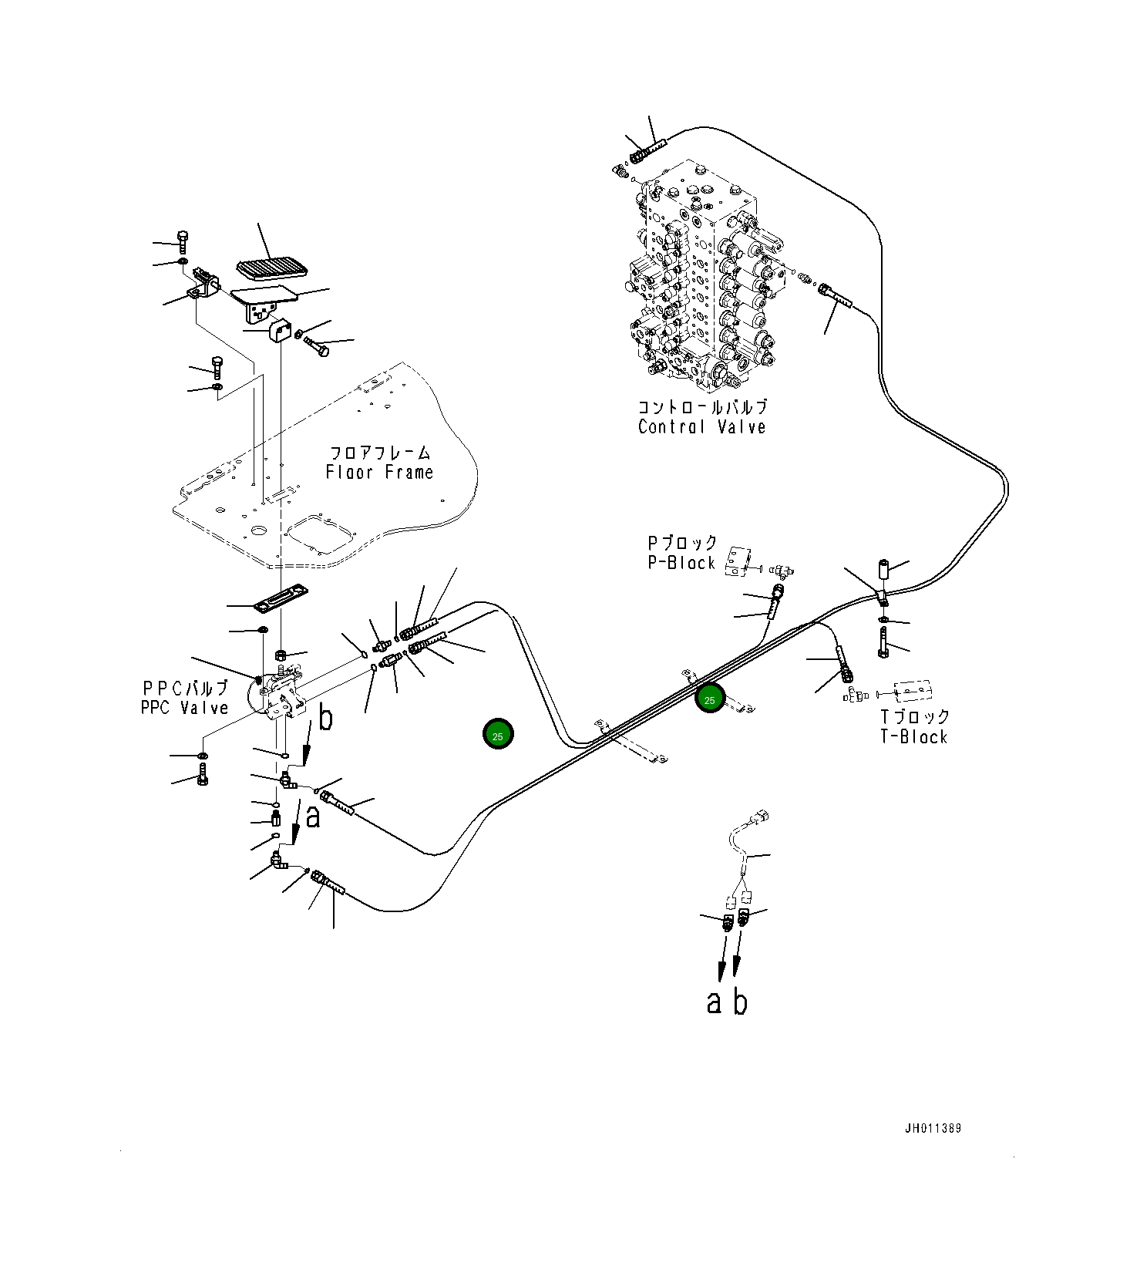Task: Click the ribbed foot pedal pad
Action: [x=271, y=269]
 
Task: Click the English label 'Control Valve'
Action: [x=701, y=427]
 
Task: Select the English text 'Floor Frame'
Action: [x=379, y=473]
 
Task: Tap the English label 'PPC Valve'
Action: [x=184, y=708]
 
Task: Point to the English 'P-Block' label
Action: [x=681, y=564]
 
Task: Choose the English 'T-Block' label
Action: [x=913, y=737]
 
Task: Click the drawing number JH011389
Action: [x=933, y=1129]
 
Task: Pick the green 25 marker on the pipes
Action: [x=709, y=700]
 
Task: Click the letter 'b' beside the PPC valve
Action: [x=326, y=719]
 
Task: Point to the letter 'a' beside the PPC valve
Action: [x=312, y=817]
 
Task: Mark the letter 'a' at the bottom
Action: [x=715, y=1002]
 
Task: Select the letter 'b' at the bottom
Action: [x=740, y=1002]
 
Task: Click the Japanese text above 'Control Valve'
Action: [x=701, y=407]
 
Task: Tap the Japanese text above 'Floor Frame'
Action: [x=379, y=453]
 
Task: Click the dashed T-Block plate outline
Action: [x=912, y=691]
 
